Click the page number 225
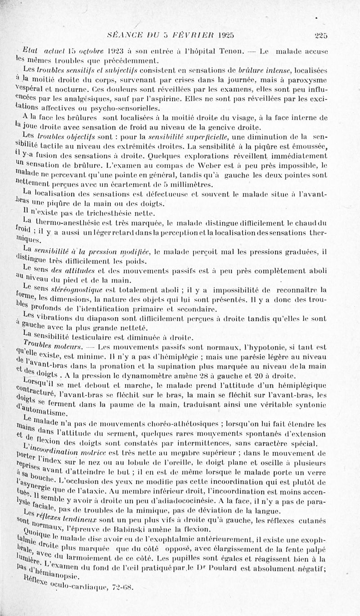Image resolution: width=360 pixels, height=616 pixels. (x=321, y=36)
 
